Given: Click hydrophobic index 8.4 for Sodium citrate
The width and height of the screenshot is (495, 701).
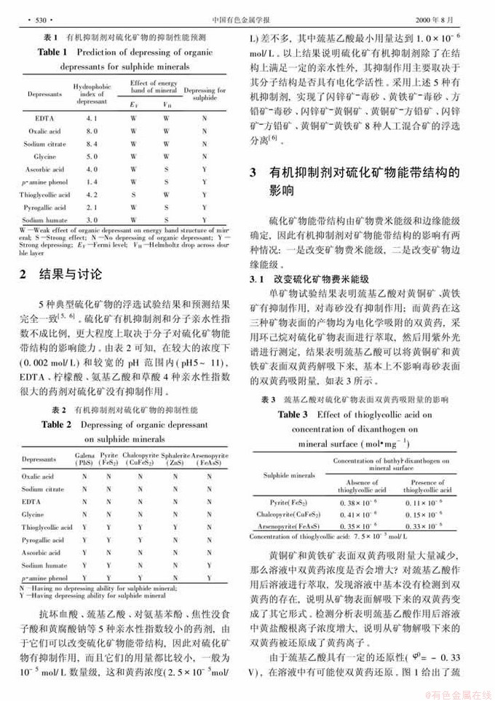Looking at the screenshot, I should pos(92,144).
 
